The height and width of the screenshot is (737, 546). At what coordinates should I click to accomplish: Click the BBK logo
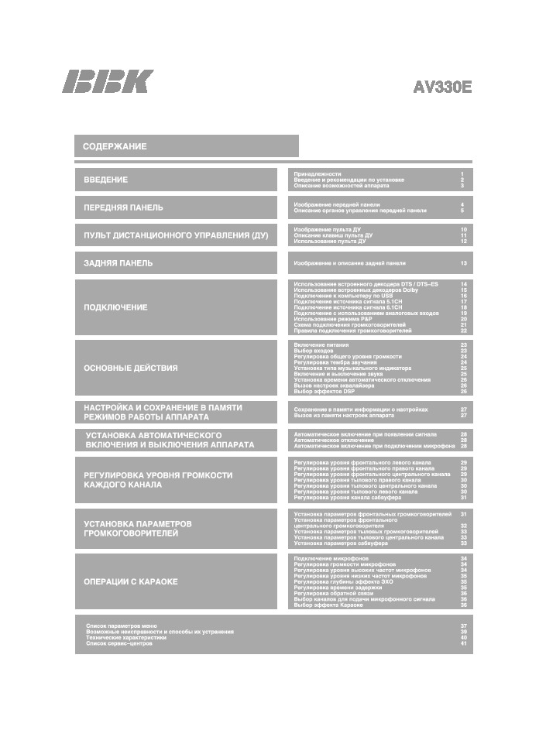pos(108,81)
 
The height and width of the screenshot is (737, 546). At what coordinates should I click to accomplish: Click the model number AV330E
pos(442,87)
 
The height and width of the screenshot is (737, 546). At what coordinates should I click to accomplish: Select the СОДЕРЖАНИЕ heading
pos(115,146)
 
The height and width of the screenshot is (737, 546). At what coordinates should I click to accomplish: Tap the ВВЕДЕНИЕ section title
pos(106,180)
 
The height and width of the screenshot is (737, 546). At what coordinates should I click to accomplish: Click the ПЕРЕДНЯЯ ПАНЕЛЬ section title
pos(123,207)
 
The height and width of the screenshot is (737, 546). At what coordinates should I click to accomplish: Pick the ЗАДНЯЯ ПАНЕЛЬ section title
pos(118,263)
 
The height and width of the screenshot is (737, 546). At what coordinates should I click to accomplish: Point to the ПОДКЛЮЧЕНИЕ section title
pos(115,307)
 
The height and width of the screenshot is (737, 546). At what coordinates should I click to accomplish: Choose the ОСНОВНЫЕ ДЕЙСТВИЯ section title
pos(130,368)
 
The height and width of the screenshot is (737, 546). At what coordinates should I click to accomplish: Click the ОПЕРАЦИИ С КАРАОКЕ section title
pos(130,581)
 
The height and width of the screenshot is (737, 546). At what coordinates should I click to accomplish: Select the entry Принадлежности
pos(318,174)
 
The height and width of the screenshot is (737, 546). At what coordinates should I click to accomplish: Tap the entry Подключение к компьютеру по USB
pos(343,296)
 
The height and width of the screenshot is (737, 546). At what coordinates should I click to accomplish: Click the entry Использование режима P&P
pos(333,319)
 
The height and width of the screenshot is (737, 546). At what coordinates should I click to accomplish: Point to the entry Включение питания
pos(321,345)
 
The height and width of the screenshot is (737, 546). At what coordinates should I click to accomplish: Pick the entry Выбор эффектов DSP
pos(325,392)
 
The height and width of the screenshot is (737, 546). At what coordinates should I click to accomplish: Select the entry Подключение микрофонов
pos(331,558)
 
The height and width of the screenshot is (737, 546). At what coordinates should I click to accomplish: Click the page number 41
pos(463,643)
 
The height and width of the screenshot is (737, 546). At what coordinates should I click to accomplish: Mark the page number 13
pos(463,263)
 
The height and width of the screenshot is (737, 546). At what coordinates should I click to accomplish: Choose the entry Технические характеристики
pos(126,637)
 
